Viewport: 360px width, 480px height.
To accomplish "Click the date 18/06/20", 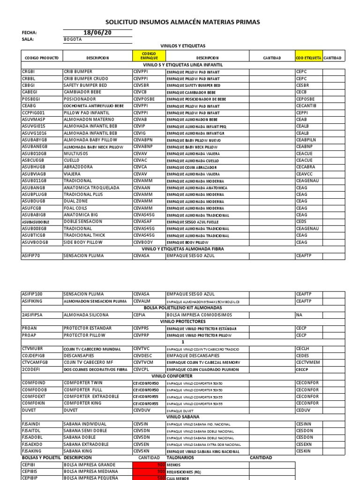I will [x=97, y=32].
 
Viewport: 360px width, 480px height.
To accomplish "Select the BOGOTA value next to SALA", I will [x=73, y=39].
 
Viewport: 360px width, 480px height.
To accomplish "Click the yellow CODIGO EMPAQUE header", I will [x=149, y=56].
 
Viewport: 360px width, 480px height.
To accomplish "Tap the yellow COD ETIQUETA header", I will [x=308, y=58].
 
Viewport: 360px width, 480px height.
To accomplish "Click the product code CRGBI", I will [x=29, y=72].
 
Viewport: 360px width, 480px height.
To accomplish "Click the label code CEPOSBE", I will [x=306, y=99].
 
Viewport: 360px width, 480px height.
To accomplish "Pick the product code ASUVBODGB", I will [x=35, y=242].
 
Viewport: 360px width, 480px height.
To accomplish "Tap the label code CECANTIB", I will [x=307, y=106].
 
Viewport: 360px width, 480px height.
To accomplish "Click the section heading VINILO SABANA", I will [x=183, y=416].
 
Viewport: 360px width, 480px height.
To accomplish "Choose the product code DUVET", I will [x=29, y=409].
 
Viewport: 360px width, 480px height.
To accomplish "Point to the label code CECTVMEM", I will [x=307, y=362].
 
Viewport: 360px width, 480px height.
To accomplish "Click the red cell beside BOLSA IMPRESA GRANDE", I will [x=149, y=465].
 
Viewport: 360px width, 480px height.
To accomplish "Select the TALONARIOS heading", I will [x=180, y=457].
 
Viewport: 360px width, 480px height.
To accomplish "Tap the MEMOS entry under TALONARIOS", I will [x=173, y=465].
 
